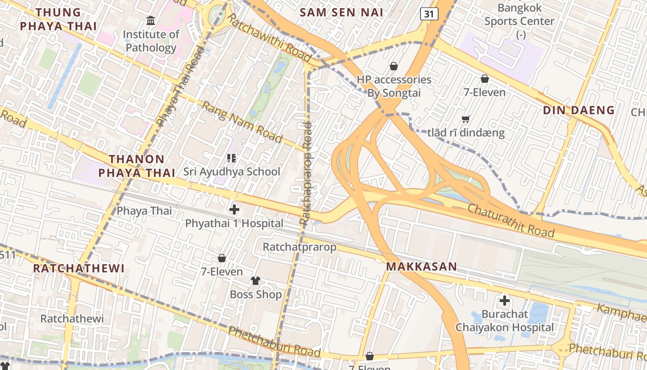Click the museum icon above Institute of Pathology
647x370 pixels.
click(x=151, y=21)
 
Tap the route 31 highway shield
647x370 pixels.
click(x=429, y=14)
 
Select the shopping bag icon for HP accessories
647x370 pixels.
click(x=394, y=67)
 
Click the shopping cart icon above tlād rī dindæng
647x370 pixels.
click(x=466, y=119)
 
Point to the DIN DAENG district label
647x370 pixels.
click(x=579, y=110)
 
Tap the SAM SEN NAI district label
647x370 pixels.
click(x=342, y=12)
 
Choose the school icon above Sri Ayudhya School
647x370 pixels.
click(x=232, y=159)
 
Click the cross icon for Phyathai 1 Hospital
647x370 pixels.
click(x=234, y=210)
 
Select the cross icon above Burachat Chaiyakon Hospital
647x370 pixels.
click(x=505, y=301)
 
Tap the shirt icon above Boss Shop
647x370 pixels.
click(x=256, y=280)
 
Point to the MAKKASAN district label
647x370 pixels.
click(x=421, y=266)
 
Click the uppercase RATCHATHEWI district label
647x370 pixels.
click(x=79, y=268)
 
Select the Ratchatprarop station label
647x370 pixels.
click(x=299, y=247)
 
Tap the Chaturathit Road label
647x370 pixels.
click(x=511, y=221)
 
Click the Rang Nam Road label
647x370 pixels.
click(x=242, y=122)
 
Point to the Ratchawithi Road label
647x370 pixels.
click(x=269, y=37)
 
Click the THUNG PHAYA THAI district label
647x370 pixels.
click(x=58, y=19)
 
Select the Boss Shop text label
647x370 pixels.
click(x=256, y=295)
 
